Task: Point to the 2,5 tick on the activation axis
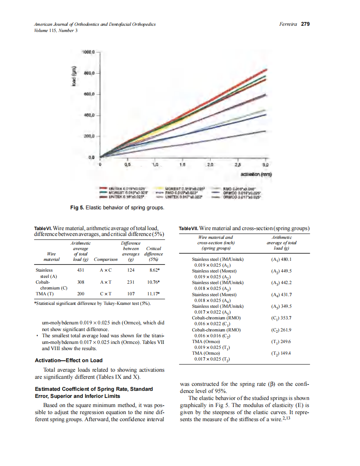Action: pyautogui.click(x=237, y=164)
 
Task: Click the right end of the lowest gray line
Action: pyautogui.click(x=266, y=131)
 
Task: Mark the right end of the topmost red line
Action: pyautogui.click(x=266, y=69)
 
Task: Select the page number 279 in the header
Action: pyautogui.click(x=306, y=24)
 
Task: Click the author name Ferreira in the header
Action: pyautogui.click(x=287, y=24)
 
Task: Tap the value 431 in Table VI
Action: pyautogui.click(x=81, y=270)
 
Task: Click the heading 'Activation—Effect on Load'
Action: pyautogui.click(x=69, y=360)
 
